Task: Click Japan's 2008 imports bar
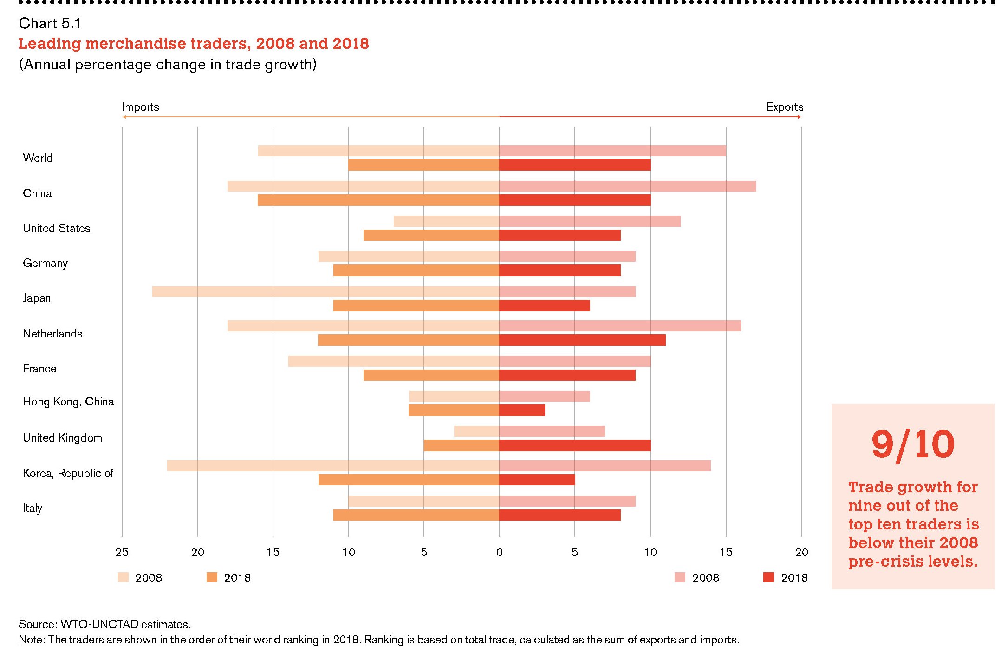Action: click(x=325, y=291)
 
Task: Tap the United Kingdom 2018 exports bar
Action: click(x=575, y=445)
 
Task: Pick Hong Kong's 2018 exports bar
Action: click(x=522, y=410)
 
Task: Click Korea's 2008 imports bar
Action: click(x=333, y=466)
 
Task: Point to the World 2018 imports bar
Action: click(x=423, y=165)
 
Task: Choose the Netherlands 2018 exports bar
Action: click(x=582, y=340)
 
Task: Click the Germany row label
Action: click(x=45, y=263)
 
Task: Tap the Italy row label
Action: click(x=33, y=508)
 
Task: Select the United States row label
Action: click(x=56, y=228)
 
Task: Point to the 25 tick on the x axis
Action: click(x=122, y=552)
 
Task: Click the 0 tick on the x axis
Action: click(x=499, y=552)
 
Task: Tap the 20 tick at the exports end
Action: click(x=801, y=552)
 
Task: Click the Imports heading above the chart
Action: click(x=140, y=107)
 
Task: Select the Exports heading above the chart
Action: click(x=785, y=107)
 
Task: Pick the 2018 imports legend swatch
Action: click(x=212, y=577)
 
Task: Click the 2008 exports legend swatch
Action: click(x=680, y=577)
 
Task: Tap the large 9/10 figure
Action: click(x=913, y=444)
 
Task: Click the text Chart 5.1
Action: click(x=50, y=23)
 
